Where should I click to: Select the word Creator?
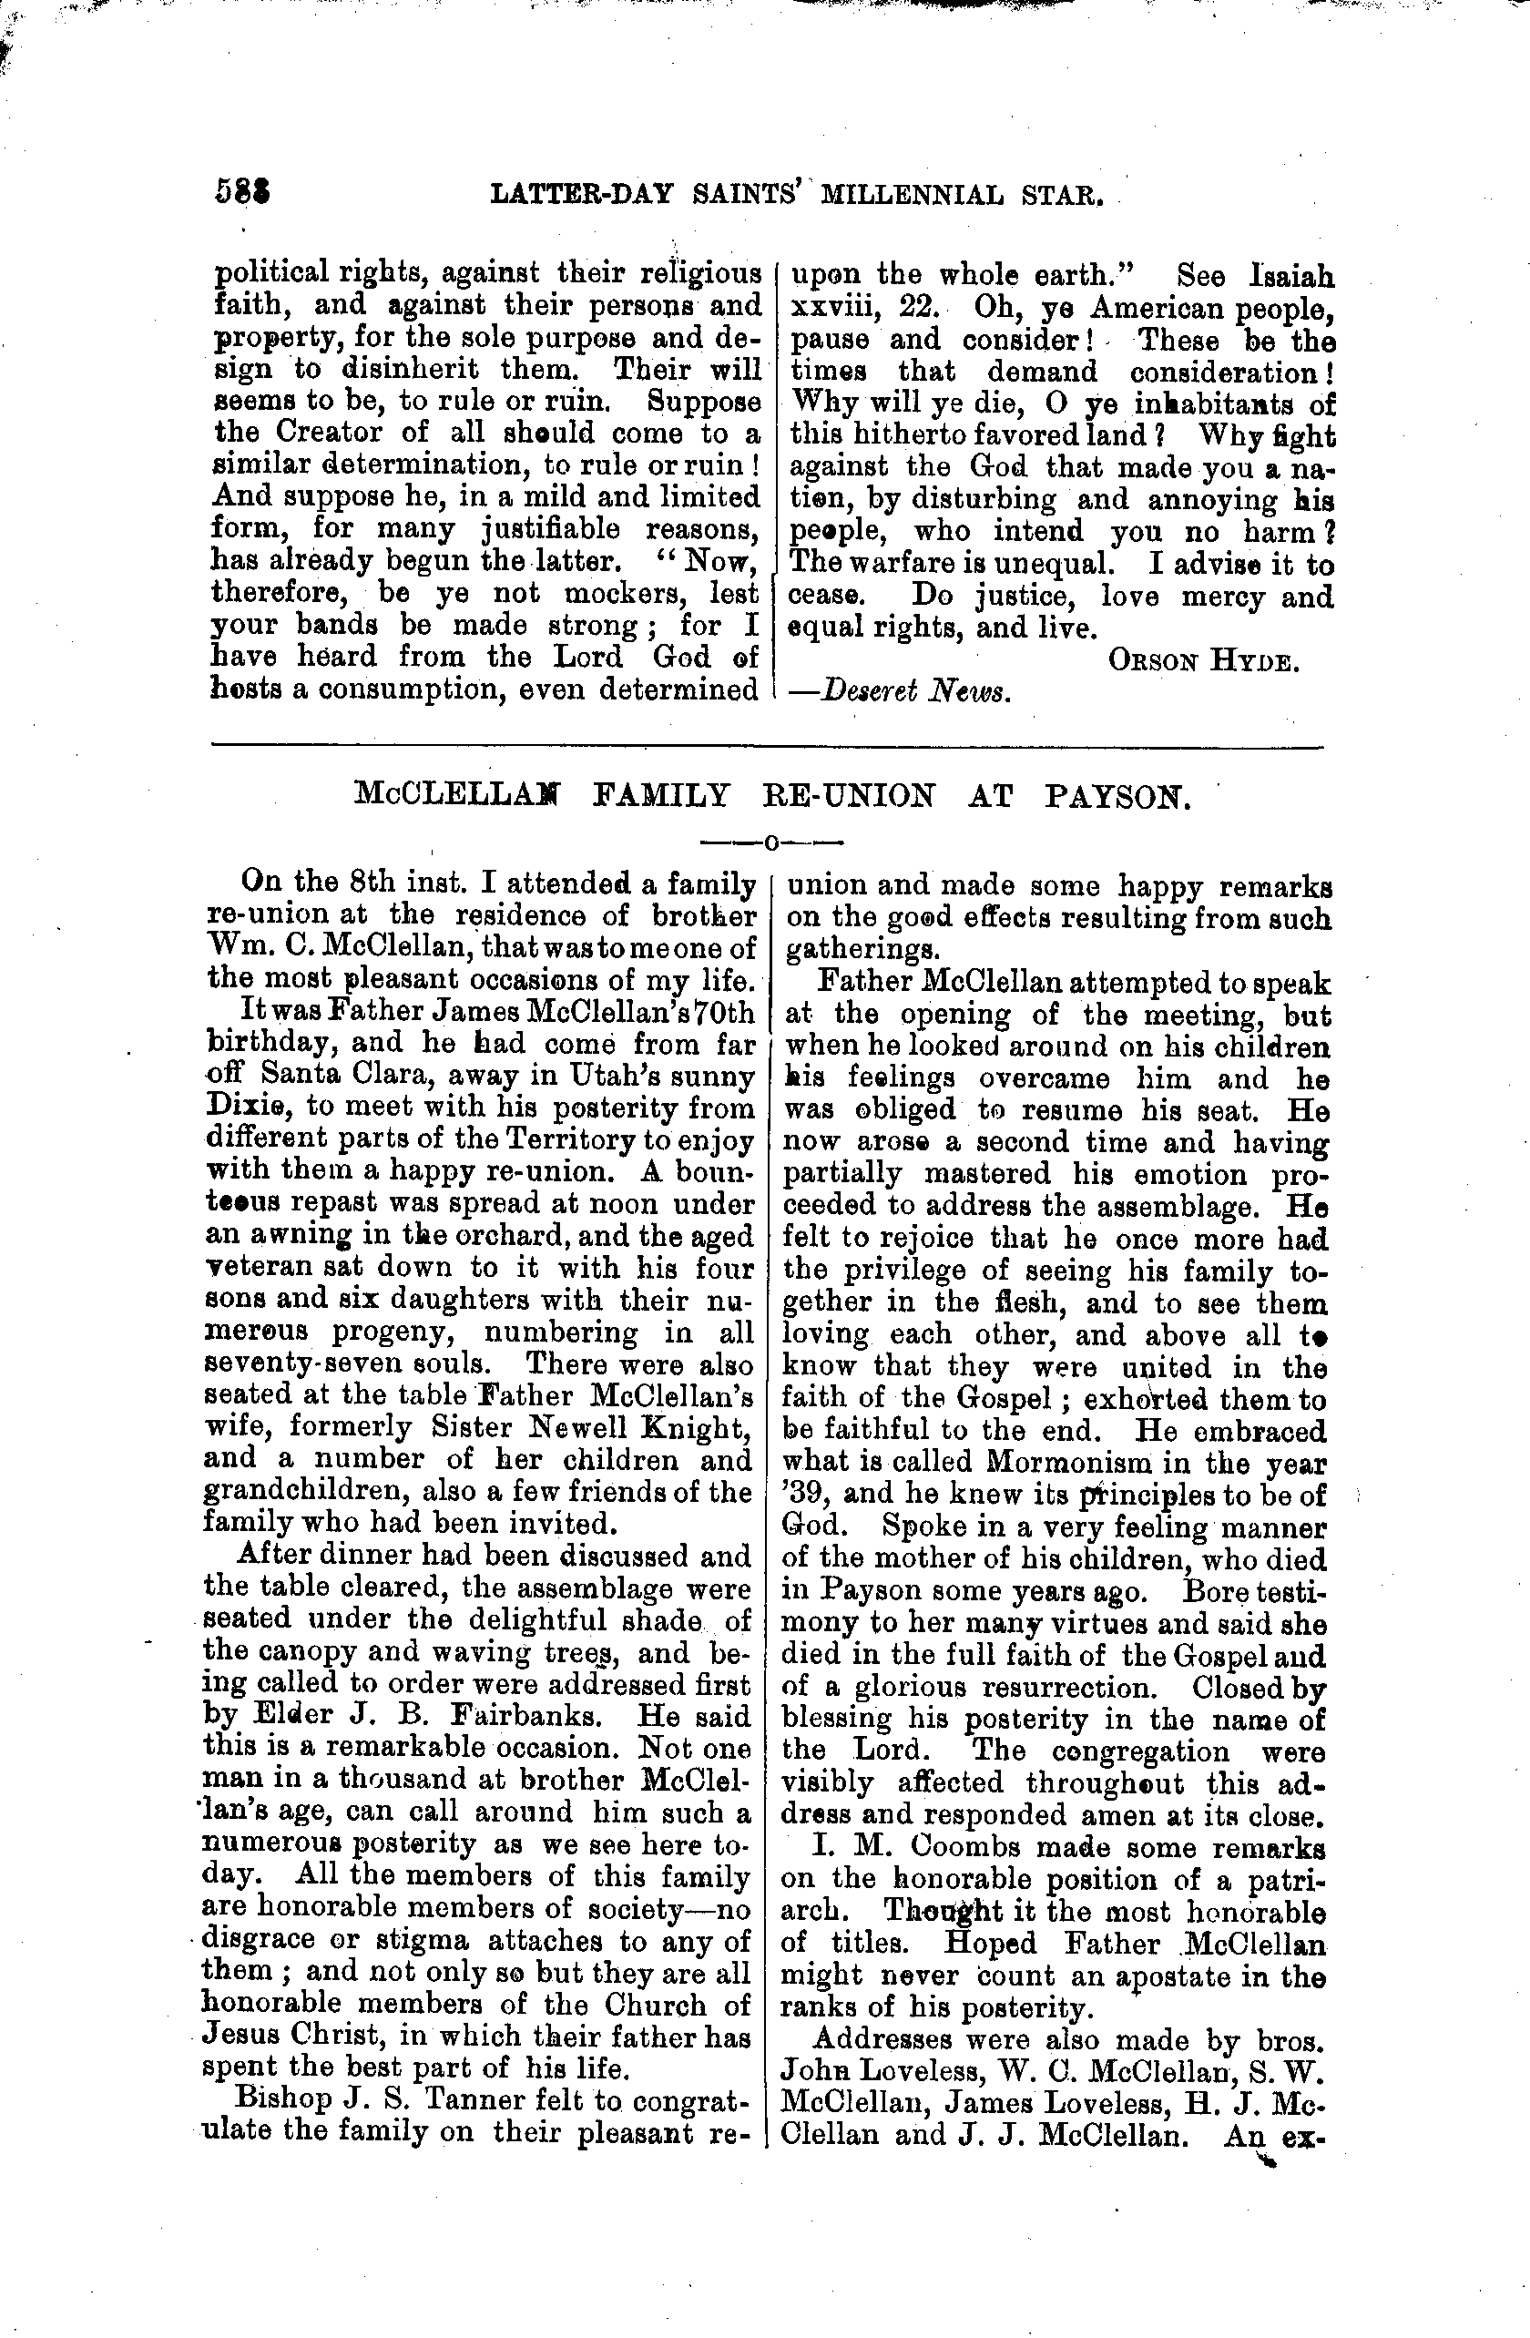321,434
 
